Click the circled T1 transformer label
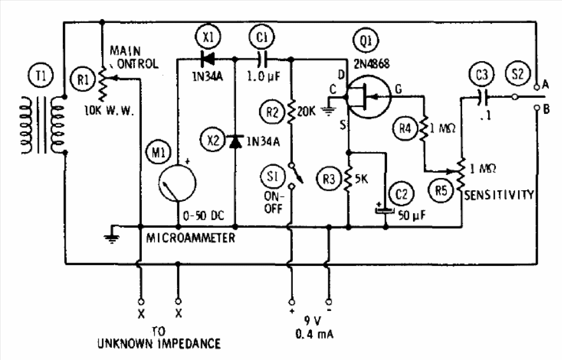coord(41,76)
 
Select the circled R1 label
coord(83,79)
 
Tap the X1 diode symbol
coord(207,59)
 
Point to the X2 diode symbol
coord(235,141)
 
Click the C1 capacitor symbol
coord(262,59)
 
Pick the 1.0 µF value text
coord(263,76)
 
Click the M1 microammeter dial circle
coord(178,183)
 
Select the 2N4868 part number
coord(371,64)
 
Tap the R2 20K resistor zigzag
coord(292,111)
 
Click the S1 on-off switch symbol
coord(296,175)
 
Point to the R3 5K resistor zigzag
coord(348,178)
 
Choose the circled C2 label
coord(402,194)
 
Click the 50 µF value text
coord(411,215)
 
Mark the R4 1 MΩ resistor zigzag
coord(424,128)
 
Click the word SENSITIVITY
coord(499,195)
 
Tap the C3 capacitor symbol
coord(481,97)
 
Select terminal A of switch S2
coord(537,87)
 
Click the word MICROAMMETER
coord(191,238)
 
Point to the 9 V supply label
coord(313,321)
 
